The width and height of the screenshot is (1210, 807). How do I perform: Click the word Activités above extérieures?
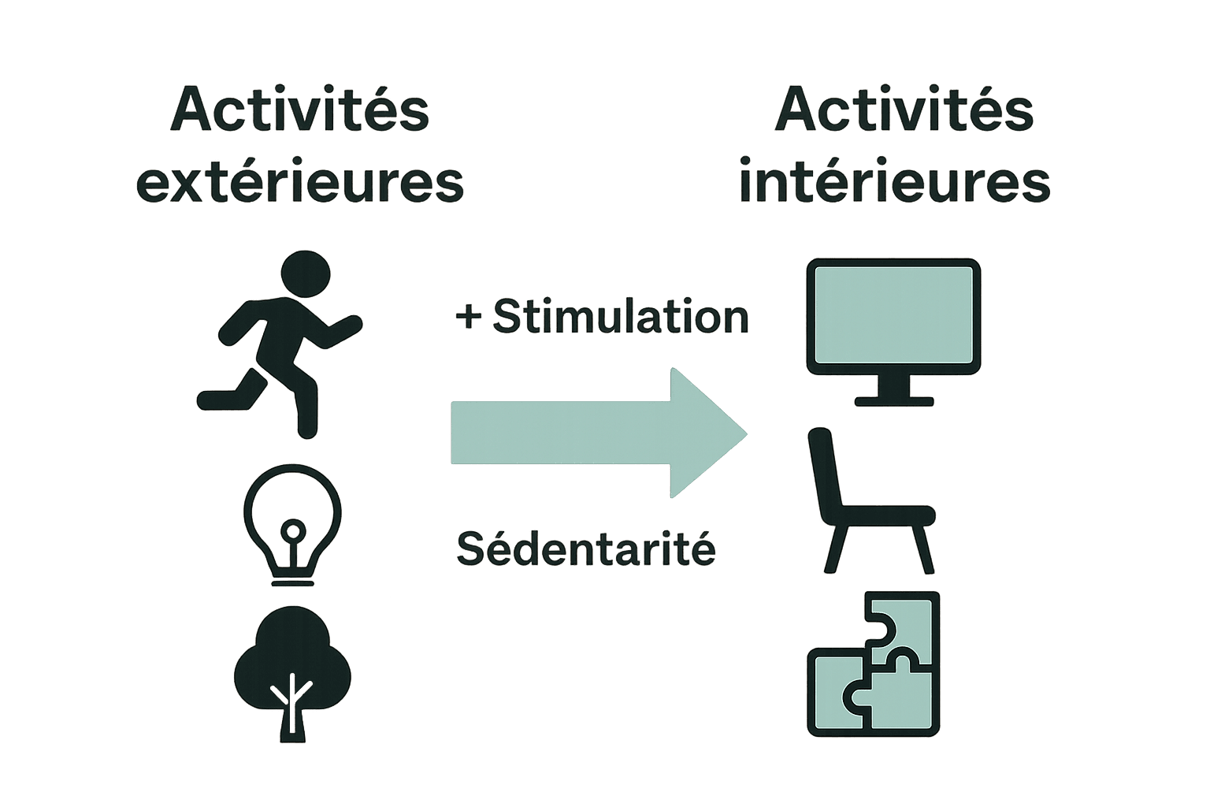(300, 110)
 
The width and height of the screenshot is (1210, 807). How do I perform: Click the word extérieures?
(300, 183)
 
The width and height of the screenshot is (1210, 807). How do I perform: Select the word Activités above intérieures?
(904, 110)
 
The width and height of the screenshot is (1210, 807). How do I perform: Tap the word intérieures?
(895, 183)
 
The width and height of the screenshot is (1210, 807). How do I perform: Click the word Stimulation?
(621, 317)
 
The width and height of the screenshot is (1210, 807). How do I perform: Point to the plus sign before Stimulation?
(468, 317)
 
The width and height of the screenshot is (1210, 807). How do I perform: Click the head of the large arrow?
(705, 433)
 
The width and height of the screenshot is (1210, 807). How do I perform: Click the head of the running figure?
(305, 273)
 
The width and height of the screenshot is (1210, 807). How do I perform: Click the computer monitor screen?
(893, 314)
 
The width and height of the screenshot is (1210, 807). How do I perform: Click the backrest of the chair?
(824, 473)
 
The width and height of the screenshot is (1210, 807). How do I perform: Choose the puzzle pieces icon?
(874, 664)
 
